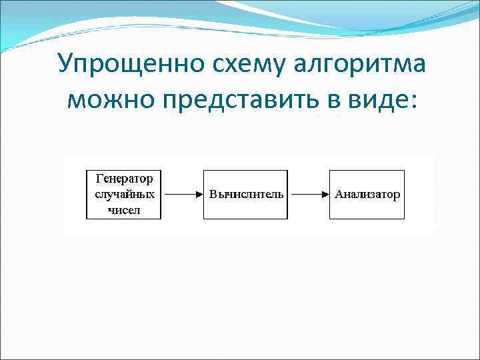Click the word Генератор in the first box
coord(124,179)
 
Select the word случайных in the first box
coord(124,195)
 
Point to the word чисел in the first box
coord(124,210)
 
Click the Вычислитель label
coord(246,195)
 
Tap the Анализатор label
coord(367,195)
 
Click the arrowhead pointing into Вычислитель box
coord(199,195)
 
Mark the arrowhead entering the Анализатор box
coord(326,195)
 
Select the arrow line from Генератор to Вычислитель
coord(179,195)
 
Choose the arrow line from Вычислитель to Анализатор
coord(307,195)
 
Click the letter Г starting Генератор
coord(99,179)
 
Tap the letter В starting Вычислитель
coord(213,195)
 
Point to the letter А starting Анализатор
coord(338,195)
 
